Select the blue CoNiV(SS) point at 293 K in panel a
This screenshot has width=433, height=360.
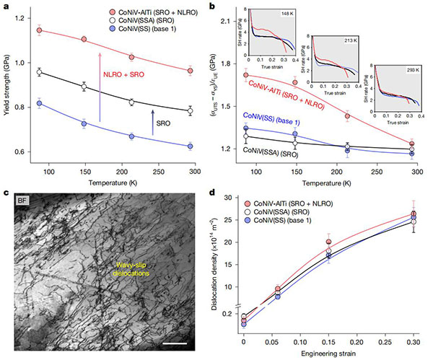click(x=190, y=146)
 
